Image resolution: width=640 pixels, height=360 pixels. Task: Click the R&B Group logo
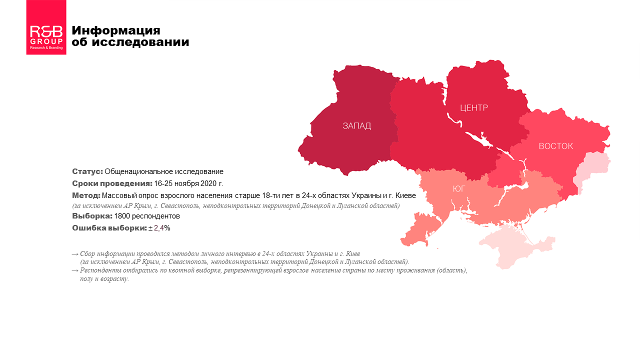pyautogui.click(x=46, y=27)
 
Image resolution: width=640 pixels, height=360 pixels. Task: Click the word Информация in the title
pyautogui.click(x=116, y=30)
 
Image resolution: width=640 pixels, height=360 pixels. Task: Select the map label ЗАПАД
pyautogui.click(x=356, y=125)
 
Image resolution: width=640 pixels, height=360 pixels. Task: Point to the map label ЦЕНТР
pyautogui.click(x=473, y=107)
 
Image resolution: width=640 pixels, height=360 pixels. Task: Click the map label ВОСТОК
pyautogui.click(x=555, y=146)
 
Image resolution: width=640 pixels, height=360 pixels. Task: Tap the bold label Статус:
pyautogui.click(x=87, y=171)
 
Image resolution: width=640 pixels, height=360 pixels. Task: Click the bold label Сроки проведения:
pyautogui.click(x=112, y=183)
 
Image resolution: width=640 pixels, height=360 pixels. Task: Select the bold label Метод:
pyautogui.click(x=86, y=195)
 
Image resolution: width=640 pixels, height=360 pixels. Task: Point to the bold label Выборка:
pyautogui.click(x=92, y=216)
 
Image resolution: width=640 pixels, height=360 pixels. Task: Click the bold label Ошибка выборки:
pyautogui.click(x=109, y=228)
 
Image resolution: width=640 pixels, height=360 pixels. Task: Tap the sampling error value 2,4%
pyautogui.click(x=162, y=228)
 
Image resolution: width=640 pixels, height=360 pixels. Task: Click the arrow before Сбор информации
pyautogui.click(x=75, y=254)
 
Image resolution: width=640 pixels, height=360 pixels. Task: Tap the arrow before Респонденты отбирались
pyautogui.click(x=75, y=270)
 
